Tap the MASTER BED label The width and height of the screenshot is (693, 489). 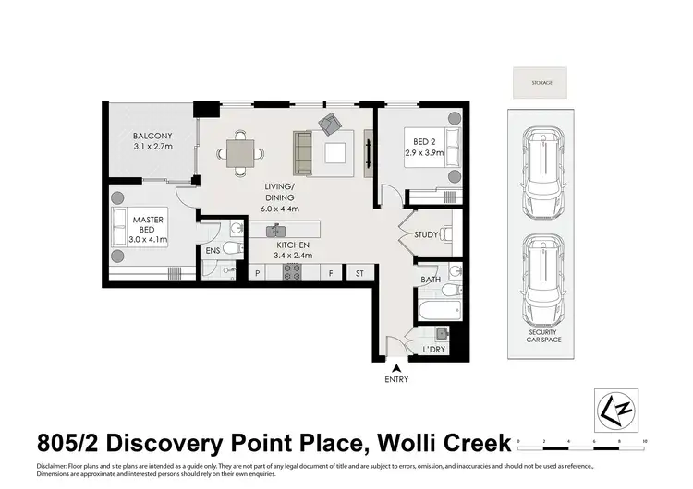pyautogui.click(x=148, y=226)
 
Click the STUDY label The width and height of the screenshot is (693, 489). pyautogui.click(x=425, y=235)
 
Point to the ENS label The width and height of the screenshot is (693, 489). pyautogui.click(x=213, y=250)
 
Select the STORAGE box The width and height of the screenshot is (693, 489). pyautogui.click(x=541, y=83)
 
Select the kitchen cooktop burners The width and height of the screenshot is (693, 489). pyautogui.click(x=292, y=272)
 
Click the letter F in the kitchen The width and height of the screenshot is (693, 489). pyautogui.click(x=330, y=273)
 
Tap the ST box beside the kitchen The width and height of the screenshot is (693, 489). pyautogui.click(x=359, y=273)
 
